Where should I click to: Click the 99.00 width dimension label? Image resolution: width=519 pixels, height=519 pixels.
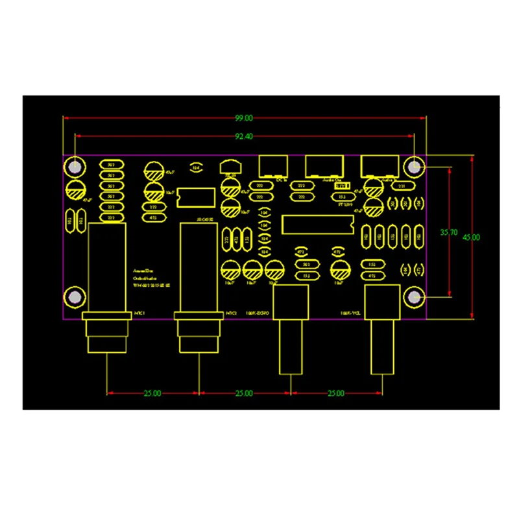click(244, 118)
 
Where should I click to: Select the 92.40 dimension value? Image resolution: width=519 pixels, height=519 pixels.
click(244, 137)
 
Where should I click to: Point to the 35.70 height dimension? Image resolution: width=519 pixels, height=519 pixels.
click(448, 231)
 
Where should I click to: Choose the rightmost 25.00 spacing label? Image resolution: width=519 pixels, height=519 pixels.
click(336, 393)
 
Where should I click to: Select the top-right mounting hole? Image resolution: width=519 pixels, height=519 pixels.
click(415, 167)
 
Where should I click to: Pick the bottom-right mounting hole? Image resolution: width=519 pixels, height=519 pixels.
click(415, 298)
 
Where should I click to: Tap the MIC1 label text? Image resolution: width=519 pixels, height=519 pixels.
click(139, 313)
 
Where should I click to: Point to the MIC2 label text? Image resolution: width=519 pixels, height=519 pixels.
click(232, 313)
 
